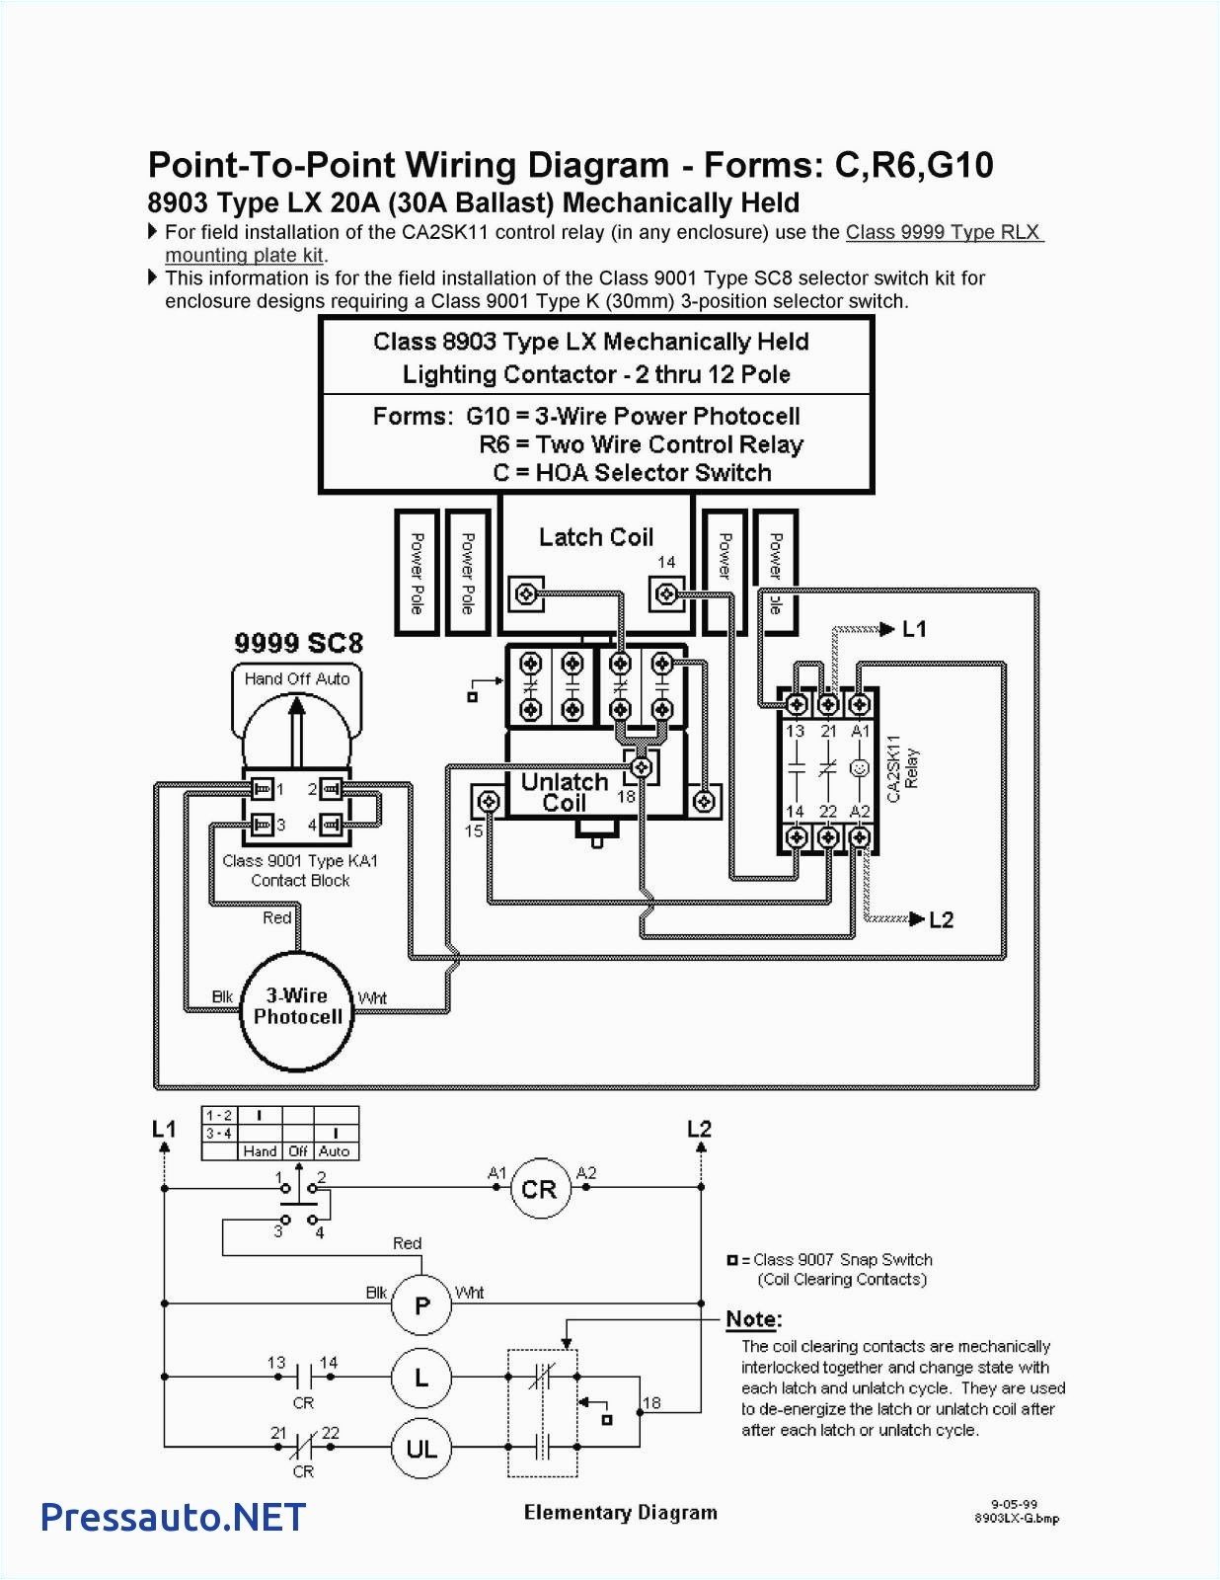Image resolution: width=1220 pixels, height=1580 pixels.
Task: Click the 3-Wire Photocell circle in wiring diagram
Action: pyautogui.click(x=297, y=1010)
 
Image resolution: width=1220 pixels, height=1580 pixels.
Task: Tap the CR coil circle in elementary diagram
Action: pyautogui.click(x=539, y=1189)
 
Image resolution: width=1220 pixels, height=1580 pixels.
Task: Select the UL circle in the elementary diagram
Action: pyautogui.click(x=421, y=1449)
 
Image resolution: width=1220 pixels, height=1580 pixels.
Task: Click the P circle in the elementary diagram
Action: pyautogui.click(x=421, y=1305)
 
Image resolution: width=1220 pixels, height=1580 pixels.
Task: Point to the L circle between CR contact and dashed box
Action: pyautogui.click(x=421, y=1377)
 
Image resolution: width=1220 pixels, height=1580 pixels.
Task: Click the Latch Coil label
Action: pyautogui.click(x=595, y=537)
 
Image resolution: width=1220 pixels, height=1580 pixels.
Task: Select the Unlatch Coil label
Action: pyautogui.click(x=564, y=792)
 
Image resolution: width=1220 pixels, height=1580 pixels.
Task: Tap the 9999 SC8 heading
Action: pyautogui.click(x=298, y=643)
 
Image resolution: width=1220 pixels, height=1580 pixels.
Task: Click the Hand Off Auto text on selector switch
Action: pyautogui.click(x=297, y=679)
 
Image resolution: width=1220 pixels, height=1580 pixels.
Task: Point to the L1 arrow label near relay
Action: pyautogui.click(x=914, y=629)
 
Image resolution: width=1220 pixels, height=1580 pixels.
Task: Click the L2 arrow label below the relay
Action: pyautogui.click(x=941, y=919)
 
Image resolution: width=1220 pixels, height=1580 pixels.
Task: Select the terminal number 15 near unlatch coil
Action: pyautogui.click(x=474, y=830)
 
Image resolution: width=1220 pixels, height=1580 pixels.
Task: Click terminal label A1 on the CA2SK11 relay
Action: pyautogui.click(x=860, y=732)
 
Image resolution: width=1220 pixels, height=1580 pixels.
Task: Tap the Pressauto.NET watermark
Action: pyautogui.click(x=173, y=1517)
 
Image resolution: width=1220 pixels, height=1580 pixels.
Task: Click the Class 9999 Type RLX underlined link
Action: pyautogui.click(x=943, y=232)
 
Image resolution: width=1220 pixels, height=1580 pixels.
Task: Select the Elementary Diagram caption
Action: pyautogui.click(x=620, y=1513)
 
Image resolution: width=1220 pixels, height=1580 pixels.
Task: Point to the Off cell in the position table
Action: pyautogui.click(x=298, y=1151)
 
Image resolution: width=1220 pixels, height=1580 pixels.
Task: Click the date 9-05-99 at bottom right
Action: pyautogui.click(x=1014, y=1505)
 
